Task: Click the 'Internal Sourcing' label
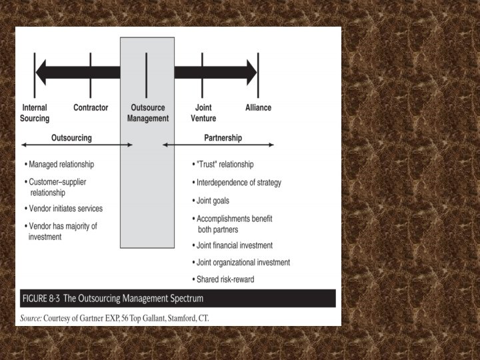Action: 35,113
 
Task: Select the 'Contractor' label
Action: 91,108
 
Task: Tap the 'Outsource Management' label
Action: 147,113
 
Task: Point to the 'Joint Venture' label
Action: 203,113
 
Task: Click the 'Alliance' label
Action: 258,108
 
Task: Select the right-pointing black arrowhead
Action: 251,72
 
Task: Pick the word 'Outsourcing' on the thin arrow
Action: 71,138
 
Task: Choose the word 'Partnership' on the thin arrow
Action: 223,138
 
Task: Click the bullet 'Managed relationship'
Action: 61,164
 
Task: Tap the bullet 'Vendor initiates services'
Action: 65,209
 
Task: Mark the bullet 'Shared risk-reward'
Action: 225,279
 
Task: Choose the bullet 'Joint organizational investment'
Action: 243,263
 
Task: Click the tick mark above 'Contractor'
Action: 90,71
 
